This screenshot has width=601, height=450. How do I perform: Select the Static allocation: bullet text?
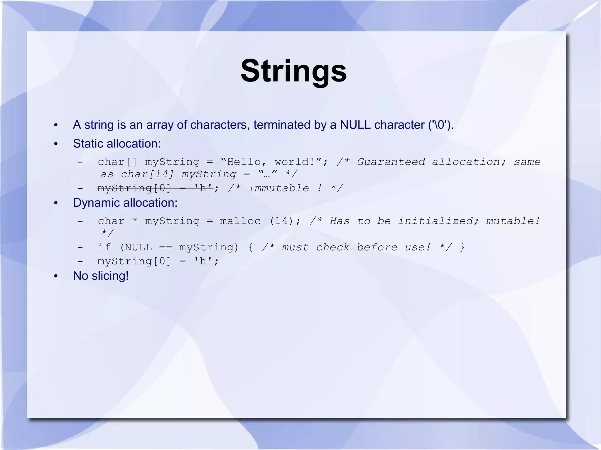click(x=117, y=144)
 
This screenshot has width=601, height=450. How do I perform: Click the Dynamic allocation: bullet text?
click(x=125, y=203)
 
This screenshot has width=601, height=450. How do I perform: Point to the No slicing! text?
click(x=101, y=276)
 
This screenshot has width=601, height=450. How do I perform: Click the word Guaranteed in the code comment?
click(x=391, y=162)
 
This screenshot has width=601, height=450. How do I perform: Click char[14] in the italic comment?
click(x=148, y=174)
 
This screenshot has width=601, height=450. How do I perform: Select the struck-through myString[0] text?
click(x=134, y=188)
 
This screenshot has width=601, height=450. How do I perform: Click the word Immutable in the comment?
click(x=278, y=188)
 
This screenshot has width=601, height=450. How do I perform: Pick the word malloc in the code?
click(x=240, y=221)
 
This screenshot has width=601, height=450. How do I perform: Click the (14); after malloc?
click(x=285, y=221)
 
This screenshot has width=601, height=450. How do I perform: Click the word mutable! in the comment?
click(x=513, y=221)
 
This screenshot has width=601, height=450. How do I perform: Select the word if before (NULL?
click(x=104, y=247)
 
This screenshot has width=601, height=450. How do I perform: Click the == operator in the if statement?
click(x=166, y=247)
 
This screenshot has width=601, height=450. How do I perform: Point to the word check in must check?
click(x=332, y=247)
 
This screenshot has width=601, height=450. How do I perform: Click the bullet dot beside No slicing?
click(x=56, y=276)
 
